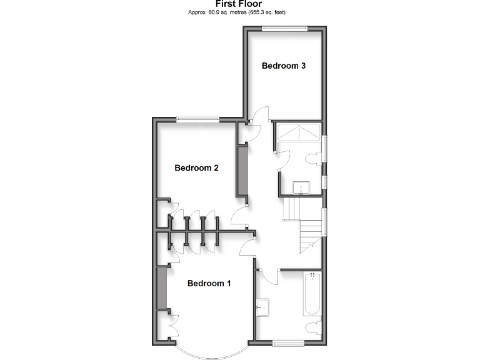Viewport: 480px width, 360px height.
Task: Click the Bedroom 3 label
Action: click(x=283, y=66)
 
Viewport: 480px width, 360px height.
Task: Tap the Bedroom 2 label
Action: click(x=196, y=167)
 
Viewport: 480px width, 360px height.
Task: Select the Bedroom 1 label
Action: click(x=209, y=283)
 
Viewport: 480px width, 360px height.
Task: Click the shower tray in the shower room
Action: click(x=298, y=133)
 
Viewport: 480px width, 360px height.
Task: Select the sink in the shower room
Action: click(x=301, y=187)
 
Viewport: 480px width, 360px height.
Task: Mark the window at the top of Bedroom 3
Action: click(x=284, y=26)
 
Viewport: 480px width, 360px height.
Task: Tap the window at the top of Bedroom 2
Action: click(x=197, y=119)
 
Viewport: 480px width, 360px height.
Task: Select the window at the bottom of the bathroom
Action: click(x=288, y=342)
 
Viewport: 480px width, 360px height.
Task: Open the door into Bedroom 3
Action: click(x=257, y=116)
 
